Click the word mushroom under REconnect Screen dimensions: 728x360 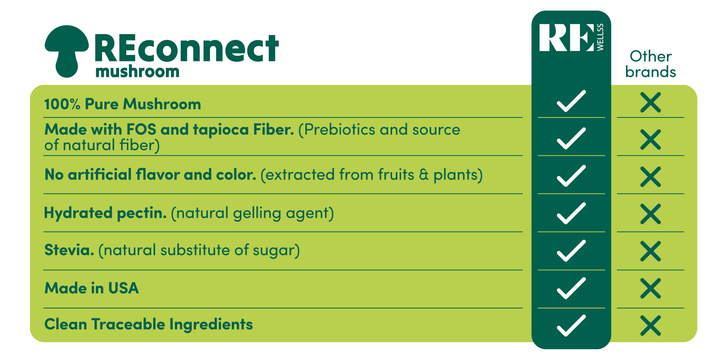pyautogui.click(x=137, y=72)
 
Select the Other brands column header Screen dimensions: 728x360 pyautogui.click(x=651, y=64)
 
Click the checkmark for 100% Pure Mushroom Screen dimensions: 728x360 pyautogui.click(x=571, y=101)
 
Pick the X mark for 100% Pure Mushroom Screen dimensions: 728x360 pyautogui.click(x=651, y=102)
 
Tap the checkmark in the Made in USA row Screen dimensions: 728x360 pyautogui.click(x=571, y=288)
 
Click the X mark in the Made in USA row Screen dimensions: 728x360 pyautogui.click(x=651, y=288)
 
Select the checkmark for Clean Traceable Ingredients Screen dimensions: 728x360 pyautogui.click(x=571, y=326)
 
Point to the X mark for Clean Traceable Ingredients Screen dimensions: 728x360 pyautogui.click(x=651, y=326)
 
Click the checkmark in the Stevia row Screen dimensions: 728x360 pyautogui.click(x=571, y=251)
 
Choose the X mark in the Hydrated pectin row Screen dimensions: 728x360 pyautogui.click(x=651, y=214)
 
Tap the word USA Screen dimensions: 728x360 pyautogui.click(x=124, y=288)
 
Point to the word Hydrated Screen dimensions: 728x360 pyautogui.click(x=78, y=213)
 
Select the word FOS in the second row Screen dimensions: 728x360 pyautogui.click(x=141, y=130)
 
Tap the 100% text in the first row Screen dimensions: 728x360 pyautogui.click(x=62, y=104)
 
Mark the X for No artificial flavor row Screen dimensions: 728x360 pyautogui.click(x=651, y=177)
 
